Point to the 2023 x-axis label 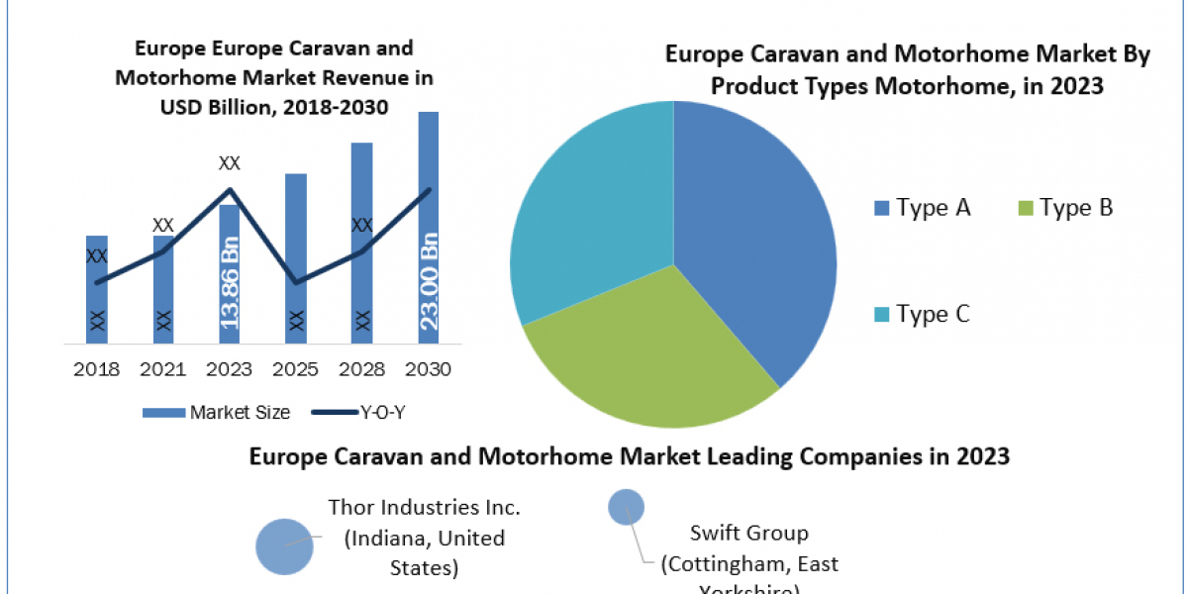(230, 369)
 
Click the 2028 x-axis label (362, 369)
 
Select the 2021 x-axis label (163, 369)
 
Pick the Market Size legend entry (217, 412)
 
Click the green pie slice (643, 356)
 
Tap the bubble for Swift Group (625, 508)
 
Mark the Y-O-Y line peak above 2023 (230, 189)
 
